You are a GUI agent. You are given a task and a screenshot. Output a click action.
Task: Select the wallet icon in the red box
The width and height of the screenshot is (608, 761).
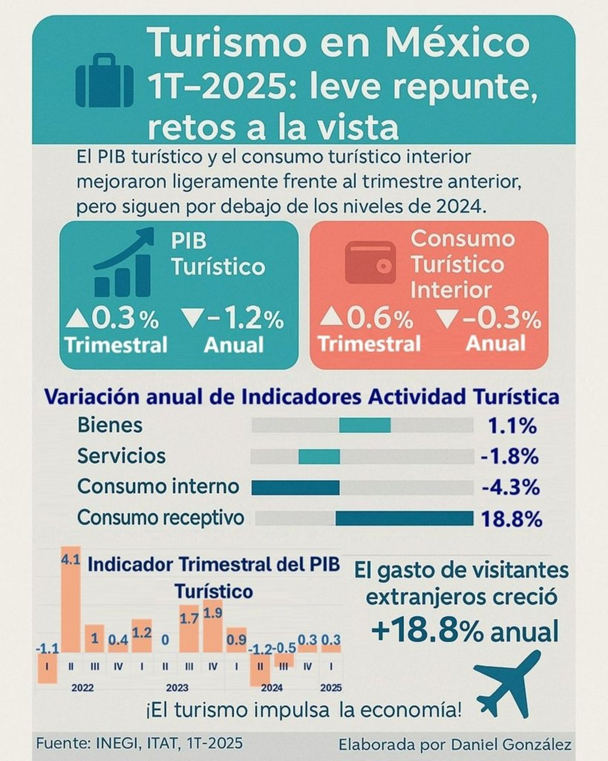(370, 263)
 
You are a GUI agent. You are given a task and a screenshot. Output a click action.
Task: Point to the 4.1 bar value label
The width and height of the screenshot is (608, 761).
(70, 560)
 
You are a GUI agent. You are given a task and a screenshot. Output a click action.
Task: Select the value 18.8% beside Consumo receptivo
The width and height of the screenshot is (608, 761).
(512, 519)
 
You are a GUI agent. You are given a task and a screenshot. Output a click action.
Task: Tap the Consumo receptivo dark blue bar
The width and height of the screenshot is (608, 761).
(404, 518)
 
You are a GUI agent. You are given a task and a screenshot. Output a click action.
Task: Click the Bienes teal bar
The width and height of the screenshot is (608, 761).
(365, 425)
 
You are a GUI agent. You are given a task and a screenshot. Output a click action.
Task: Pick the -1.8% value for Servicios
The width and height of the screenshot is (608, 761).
(510, 457)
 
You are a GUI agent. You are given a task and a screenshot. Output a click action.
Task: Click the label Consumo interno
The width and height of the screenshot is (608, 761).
(158, 487)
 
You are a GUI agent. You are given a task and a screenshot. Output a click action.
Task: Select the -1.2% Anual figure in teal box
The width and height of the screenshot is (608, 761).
(233, 319)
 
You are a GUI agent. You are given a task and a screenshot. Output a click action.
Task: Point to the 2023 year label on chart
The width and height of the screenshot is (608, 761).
(177, 688)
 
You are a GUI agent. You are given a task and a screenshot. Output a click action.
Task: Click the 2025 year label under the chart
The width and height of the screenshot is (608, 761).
(331, 688)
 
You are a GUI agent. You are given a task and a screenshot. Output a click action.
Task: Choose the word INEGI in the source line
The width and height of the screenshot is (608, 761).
(114, 743)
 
